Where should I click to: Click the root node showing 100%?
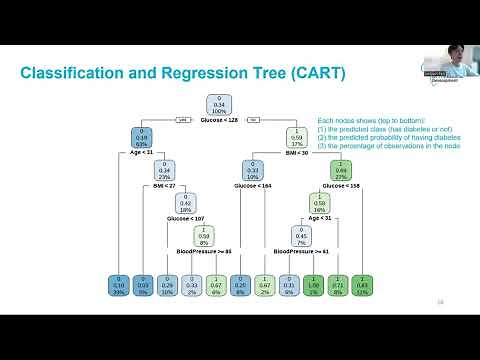click(219, 104)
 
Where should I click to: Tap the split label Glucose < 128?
click(219, 119)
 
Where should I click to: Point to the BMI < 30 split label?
click(297, 152)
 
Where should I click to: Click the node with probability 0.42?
click(186, 204)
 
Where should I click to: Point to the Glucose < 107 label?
click(186, 218)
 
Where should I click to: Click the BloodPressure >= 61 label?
click(318, 251)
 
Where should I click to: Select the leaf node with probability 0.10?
click(119, 285)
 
